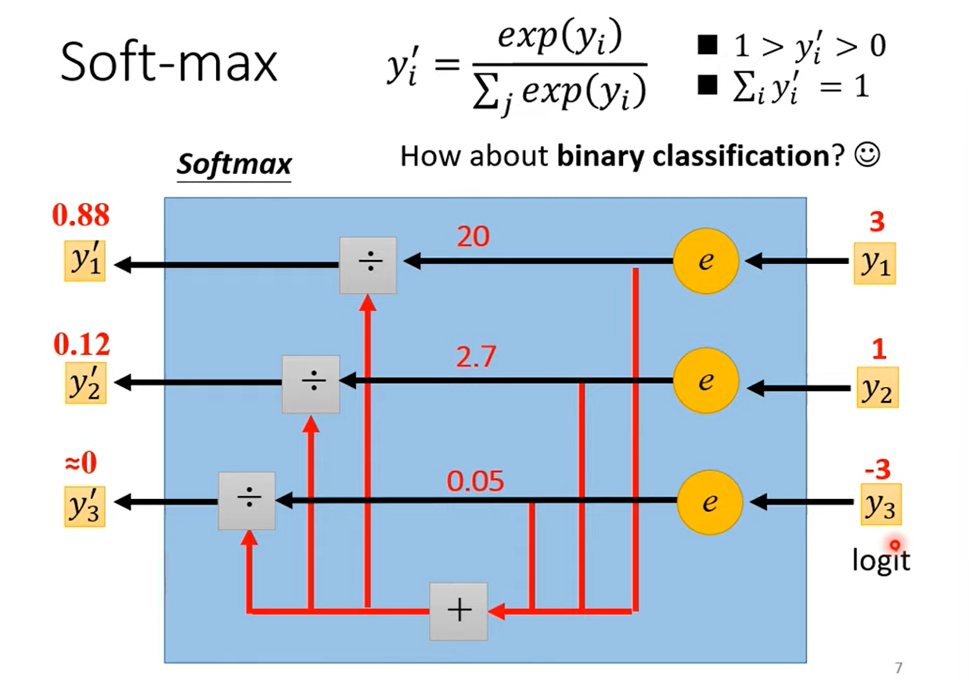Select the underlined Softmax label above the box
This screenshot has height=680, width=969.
[233, 165]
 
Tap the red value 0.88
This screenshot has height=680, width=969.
[80, 215]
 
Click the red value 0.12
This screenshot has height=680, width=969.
[81, 344]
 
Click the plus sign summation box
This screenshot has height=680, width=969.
[458, 611]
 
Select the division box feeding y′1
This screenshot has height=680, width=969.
[368, 265]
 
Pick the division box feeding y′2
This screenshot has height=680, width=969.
[311, 384]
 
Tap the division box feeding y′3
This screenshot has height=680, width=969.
[247, 501]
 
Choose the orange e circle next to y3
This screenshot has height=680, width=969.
[708, 501]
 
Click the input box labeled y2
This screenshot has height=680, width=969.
[877, 387]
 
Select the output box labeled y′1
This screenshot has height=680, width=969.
[85, 263]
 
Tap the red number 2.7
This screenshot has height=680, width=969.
[475, 357]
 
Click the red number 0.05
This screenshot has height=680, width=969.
[475, 480]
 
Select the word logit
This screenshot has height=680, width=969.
[881, 559]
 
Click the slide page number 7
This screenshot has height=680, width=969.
[898, 667]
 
